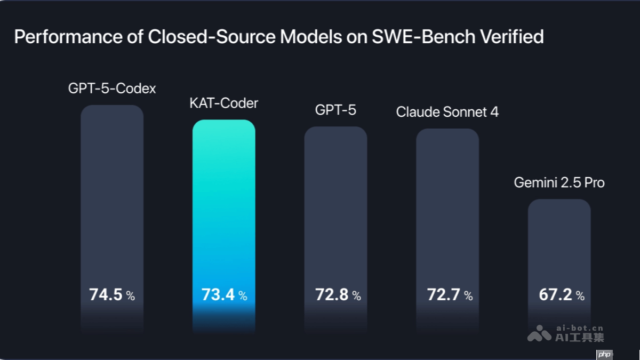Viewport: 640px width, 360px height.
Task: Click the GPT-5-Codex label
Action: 112,89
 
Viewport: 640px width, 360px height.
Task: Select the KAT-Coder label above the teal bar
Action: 223,103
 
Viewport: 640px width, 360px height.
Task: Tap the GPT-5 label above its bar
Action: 335,110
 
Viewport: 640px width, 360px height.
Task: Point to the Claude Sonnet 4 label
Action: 447,112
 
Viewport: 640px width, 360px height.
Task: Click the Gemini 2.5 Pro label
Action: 559,182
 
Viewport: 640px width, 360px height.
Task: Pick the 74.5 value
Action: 106,294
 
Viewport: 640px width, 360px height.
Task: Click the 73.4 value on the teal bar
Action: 218,294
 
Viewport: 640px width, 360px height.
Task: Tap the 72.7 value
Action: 444,294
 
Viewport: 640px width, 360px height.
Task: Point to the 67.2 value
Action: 556,294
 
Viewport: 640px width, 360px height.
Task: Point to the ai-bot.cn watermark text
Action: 579,329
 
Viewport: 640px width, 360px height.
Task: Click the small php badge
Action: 604,354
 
